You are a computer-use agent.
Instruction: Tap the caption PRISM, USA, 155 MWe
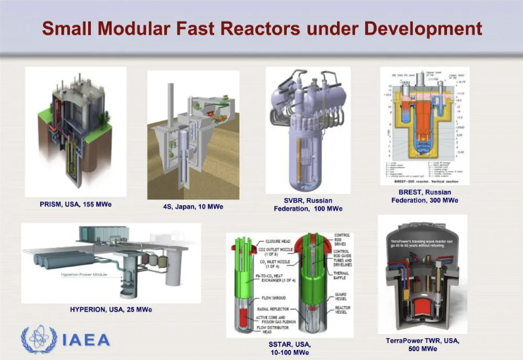pos(75,204)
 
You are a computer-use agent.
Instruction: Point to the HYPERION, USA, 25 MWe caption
pos(111,309)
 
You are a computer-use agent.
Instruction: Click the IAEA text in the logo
pos(85,340)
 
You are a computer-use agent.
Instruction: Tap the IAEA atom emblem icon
pos(39,339)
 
